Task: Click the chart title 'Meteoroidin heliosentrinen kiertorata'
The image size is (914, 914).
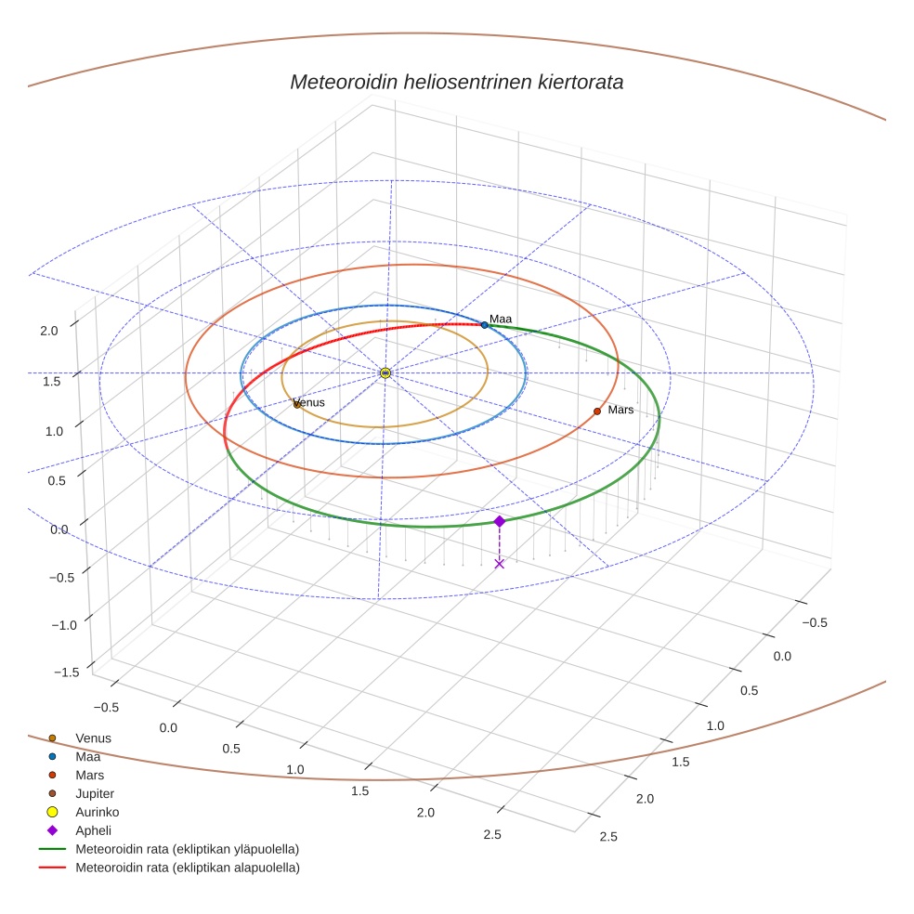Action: (x=456, y=82)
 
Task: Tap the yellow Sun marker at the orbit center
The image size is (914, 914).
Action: (x=385, y=372)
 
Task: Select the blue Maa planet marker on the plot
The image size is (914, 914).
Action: (x=484, y=325)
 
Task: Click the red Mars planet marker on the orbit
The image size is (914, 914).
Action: (x=597, y=411)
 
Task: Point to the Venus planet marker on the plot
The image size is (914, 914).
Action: (x=296, y=404)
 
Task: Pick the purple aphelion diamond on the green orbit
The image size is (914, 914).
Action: (x=499, y=521)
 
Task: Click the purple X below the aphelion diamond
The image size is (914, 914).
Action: (x=499, y=564)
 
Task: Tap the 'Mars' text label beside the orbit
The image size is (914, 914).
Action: (x=620, y=410)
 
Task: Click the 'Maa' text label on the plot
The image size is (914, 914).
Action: (x=501, y=320)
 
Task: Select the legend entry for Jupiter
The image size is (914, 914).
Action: (x=95, y=793)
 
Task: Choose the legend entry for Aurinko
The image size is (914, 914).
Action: (x=97, y=812)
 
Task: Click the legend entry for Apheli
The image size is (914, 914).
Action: (x=93, y=830)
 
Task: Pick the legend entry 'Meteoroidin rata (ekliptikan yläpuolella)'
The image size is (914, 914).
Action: (x=187, y=849)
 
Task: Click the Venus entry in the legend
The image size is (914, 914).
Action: (x=93, y=738)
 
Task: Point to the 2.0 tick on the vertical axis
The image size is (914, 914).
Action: (x=49, y=330)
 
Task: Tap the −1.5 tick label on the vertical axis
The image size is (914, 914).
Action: (x=64, y=672)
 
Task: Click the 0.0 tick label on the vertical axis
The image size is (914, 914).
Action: (x=60, y=529)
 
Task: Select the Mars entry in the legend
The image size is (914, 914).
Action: (x=89, y=775)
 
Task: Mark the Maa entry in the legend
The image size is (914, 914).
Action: (x=87, y=756)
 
